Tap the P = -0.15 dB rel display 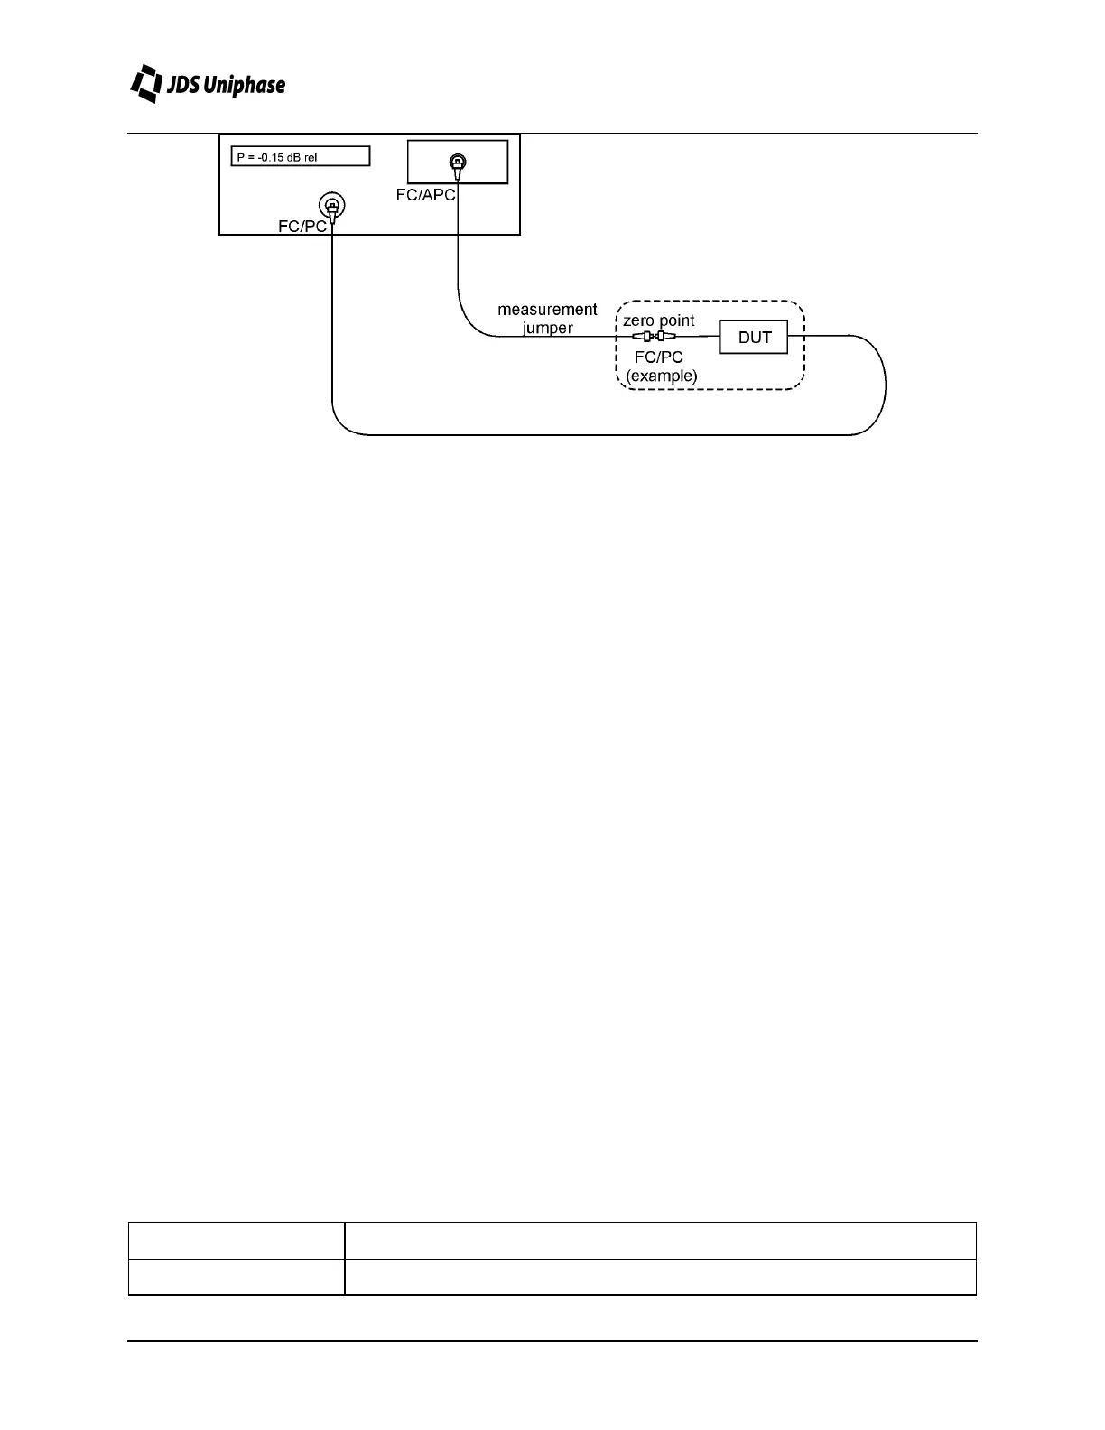coord(301,156)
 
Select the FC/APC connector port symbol coord(457,163)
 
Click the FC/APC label coord(425,195)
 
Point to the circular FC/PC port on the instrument coord(331,207)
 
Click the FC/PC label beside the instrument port coord(302,226)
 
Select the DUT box coord(754,337)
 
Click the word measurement coord(547,310)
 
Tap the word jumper coord(547,328)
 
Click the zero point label coord(659,320)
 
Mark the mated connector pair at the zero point coord(655,337)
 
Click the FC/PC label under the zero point coord(658,357)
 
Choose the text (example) coord(661,376)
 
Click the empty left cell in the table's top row coord(236,1241)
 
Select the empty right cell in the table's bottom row coord(660,1277)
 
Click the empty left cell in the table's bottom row coord(236,1277)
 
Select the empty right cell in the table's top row coord(660,1241)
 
